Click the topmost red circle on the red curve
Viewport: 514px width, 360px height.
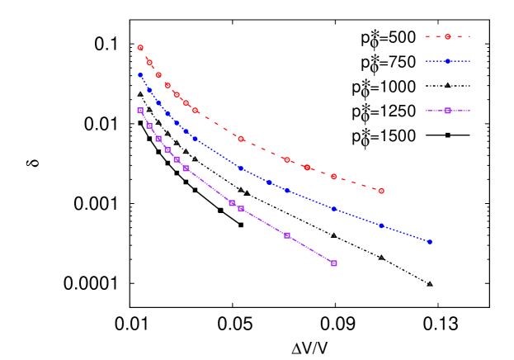click(x=140, y=48)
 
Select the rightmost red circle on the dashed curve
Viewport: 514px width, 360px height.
click(x=381, y=191)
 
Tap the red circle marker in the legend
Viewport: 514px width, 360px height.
click(x=448, y=36)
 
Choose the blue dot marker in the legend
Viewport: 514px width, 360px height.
click(x=448, y=61)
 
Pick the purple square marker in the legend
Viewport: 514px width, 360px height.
click(x=448, y=111)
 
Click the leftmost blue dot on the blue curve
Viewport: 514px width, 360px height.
click(x=140, y=75)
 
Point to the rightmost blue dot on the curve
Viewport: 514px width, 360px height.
click(x=429, y=242)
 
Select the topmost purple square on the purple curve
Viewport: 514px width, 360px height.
click(x=140, y=110)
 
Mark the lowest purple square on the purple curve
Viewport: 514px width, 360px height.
click(x=334, y=263)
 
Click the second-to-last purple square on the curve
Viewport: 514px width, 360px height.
click(x=287, y=235)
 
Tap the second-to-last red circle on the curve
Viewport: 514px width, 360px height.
click(x=334, y=177)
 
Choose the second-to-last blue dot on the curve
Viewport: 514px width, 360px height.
click(x=381, y=225)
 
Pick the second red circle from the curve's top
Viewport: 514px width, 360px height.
click(x=149, y=62)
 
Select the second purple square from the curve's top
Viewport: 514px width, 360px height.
click(x=149, y=126)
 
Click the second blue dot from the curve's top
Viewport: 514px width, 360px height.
click(x=149, y=90)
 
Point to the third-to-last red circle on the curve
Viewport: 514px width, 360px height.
click(x=307, y=168)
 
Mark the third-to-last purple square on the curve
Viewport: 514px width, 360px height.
click(x=241, y=209)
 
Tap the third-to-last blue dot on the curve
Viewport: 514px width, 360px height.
click(x=334, y=209)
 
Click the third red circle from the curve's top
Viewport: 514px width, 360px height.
click(x=158, y=75)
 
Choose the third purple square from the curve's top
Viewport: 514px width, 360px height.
click(x=158, y=139)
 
